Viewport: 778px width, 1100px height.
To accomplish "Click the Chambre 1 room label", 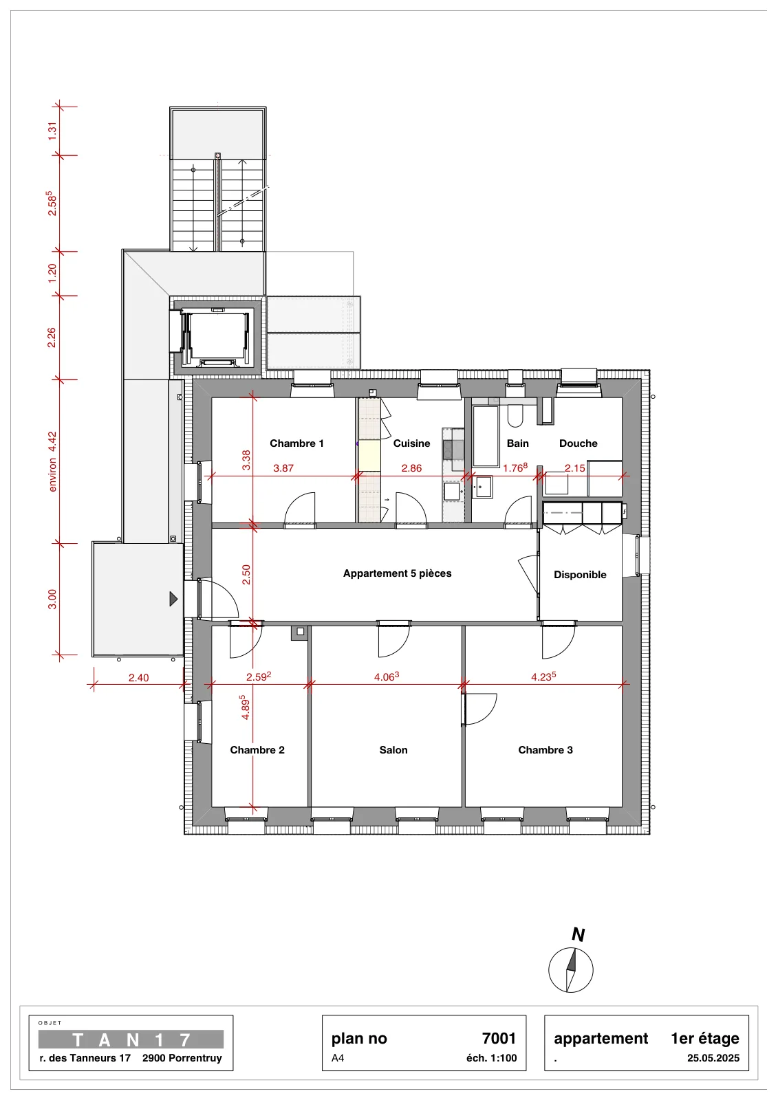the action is [296, 443].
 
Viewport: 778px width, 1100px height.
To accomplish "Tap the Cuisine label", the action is [411, 443].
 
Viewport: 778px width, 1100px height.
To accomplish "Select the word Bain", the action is [517, 443].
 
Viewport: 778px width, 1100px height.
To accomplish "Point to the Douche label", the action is [578, 443].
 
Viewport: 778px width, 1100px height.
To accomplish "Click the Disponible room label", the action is [580, 575].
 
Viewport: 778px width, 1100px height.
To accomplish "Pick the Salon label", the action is [393, 750].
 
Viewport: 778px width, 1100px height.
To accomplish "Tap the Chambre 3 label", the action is [545, 750].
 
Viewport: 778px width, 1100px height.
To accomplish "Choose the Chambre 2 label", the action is [257, 750].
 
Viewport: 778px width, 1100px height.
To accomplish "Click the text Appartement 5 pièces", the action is [397, 573].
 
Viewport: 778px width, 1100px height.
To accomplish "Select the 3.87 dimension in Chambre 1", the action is [283, 468].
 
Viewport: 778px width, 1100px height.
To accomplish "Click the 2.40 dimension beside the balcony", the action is [138, 678].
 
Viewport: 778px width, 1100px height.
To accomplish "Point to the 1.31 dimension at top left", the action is [52, 131].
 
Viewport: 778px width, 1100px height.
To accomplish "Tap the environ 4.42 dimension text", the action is [52, 461].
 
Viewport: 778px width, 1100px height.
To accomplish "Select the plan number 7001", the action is [499, 1039].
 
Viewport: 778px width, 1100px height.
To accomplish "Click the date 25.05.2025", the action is [713, 1058].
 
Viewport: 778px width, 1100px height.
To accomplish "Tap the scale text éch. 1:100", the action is [491, 1058].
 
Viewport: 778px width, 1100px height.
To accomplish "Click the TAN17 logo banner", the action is [131, 1039].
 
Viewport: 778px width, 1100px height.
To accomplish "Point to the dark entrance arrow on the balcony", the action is [173, 599].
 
